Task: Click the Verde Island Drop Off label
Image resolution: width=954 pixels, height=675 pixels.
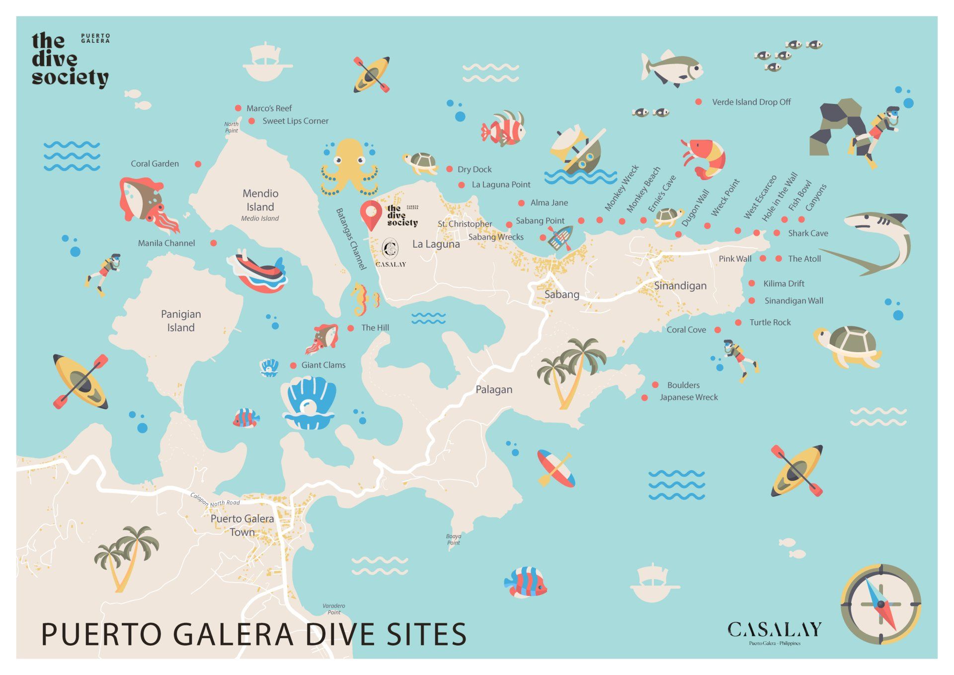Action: (751, 102)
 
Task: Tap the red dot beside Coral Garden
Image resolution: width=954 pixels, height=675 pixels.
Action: (198, 164)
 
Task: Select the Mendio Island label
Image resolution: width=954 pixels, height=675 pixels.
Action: (260, 200)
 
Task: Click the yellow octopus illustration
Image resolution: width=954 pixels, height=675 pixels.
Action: (349, 167)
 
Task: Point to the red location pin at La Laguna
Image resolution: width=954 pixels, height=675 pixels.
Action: (371, 214)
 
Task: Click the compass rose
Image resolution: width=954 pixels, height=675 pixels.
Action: (880, 604)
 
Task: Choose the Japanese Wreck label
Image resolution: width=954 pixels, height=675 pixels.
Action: (688, 397)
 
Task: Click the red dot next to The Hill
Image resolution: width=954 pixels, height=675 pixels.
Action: (350, 328)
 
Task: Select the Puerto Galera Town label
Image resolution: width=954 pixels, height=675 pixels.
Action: (242, 525)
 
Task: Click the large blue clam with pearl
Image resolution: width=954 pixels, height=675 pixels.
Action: (310, 403)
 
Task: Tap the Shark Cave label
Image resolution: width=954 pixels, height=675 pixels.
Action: (807, 233)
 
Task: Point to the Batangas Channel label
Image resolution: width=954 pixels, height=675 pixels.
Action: (351, 239)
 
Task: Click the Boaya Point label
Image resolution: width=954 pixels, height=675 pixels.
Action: (453, 539)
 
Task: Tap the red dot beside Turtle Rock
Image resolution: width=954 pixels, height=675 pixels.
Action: (738, 322)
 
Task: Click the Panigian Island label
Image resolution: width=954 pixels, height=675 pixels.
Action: (181, 321)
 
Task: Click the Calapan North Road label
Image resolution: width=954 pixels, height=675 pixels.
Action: (215, 500)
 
